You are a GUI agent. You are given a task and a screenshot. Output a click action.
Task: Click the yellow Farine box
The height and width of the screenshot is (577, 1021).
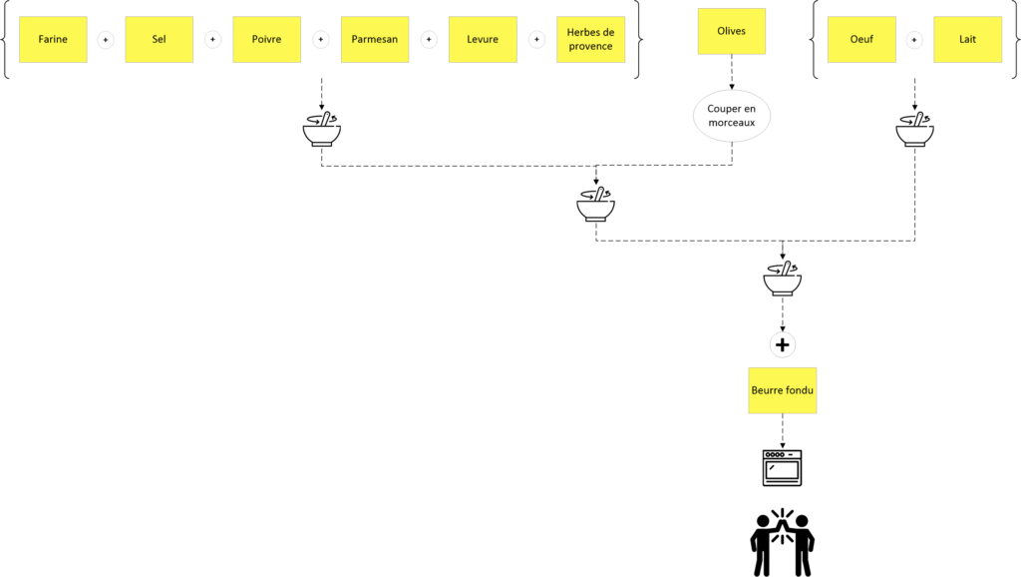coord(53,40)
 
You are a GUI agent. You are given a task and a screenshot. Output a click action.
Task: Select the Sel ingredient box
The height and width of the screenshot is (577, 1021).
coord(159,40)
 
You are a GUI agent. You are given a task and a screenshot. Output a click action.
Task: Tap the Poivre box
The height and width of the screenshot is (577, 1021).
coord(267,40)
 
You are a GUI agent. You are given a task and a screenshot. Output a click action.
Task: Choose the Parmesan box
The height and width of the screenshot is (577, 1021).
coord(375,40)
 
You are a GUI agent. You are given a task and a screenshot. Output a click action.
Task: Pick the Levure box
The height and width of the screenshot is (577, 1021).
coord(483,40)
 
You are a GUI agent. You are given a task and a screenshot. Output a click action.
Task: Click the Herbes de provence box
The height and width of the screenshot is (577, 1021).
coord(590,40)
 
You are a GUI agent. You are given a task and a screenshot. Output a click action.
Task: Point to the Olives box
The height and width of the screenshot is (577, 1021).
coord(732,31)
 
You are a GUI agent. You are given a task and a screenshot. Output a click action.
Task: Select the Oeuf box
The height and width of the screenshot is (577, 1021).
coord(861,40)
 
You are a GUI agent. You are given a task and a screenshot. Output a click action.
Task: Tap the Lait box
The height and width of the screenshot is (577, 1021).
coord(967,40)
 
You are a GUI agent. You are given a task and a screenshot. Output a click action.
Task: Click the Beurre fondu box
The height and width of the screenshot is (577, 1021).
coord(782,390)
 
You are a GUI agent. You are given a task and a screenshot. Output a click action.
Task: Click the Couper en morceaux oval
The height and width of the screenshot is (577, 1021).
coord(732,116)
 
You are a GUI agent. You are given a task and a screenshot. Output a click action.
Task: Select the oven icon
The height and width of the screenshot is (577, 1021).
coord(782,467)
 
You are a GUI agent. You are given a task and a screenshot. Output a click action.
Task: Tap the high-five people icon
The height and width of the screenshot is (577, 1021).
coord(782,543)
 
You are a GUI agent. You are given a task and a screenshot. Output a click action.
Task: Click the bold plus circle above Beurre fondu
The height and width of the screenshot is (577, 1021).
coord(783,344)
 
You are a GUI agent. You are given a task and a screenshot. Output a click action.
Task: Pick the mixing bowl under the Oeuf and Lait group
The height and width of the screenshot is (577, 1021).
coord(915,129)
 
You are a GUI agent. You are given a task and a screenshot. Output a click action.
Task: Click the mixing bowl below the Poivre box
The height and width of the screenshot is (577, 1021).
coord(322,129)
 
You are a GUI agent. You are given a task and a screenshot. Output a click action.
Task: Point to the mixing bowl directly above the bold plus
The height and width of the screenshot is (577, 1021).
coord(783,279)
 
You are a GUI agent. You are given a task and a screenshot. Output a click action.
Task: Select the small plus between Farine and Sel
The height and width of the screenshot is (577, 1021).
coord(106,40)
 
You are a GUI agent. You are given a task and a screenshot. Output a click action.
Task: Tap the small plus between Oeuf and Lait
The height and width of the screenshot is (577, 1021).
coord(914,40)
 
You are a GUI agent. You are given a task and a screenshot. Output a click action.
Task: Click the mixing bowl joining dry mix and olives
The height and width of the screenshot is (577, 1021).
coord(596,204)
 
